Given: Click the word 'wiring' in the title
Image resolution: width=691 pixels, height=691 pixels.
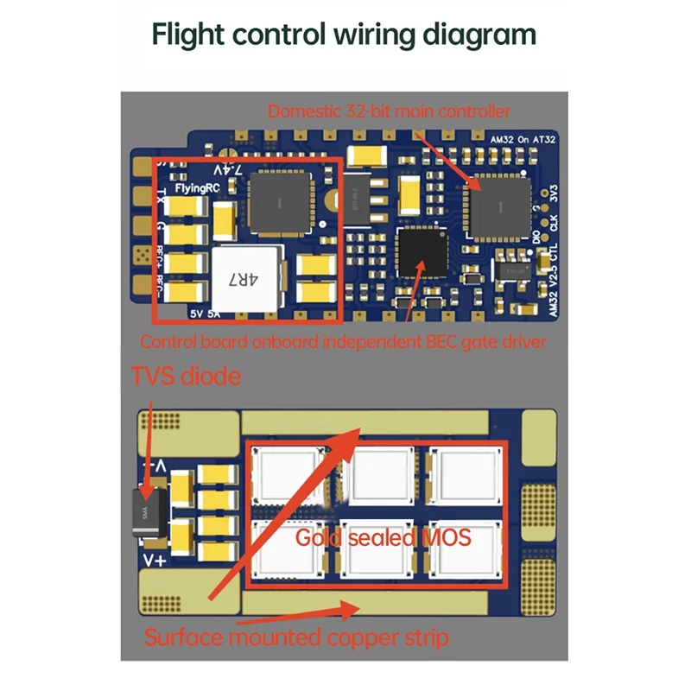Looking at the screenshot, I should point(362,35).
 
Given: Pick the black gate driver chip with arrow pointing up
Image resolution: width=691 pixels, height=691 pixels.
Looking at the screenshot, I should point(421,251).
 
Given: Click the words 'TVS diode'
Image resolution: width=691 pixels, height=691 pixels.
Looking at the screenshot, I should point(185,377).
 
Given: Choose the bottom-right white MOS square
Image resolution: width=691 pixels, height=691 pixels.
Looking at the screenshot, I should point(467,550).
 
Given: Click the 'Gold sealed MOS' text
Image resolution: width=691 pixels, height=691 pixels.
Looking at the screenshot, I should point(383,537).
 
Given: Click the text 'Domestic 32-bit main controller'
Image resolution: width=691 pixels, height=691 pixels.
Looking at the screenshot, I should point(389,111).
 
